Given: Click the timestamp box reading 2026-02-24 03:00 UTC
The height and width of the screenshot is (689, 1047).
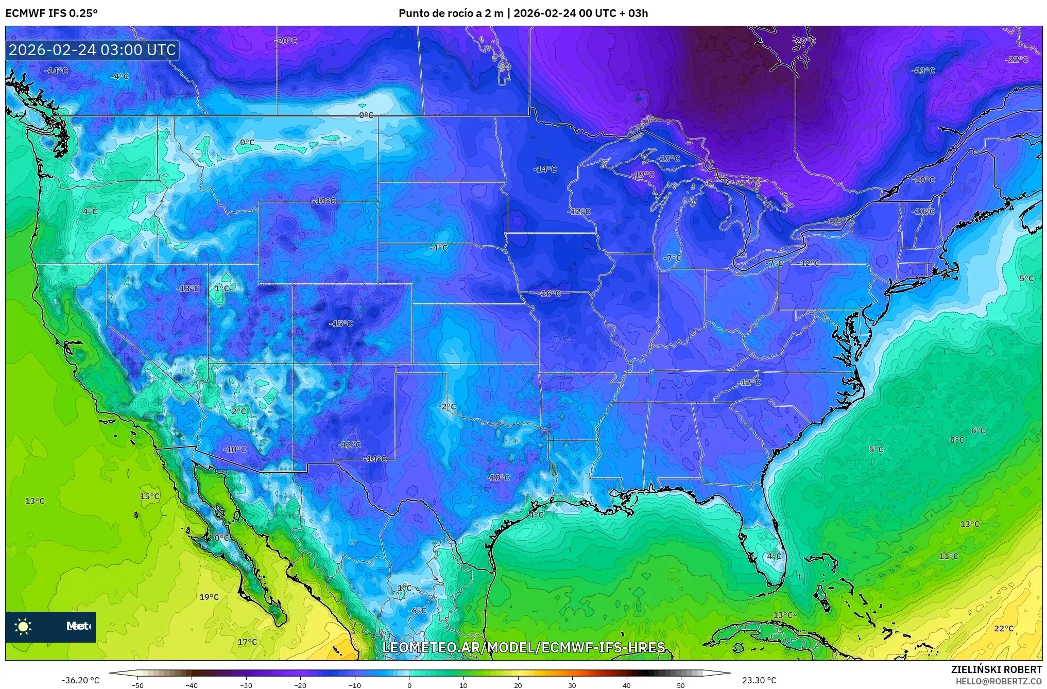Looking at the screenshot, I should (x=92, y=50).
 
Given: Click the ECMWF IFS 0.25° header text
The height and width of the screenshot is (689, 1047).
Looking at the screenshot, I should (x=51, y=13).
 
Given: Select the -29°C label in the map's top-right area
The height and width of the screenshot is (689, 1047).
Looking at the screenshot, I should (x=804, y=41).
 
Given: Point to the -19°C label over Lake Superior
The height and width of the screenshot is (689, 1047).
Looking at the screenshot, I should (x=643, y=175).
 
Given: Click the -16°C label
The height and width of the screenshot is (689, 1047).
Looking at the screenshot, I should (x=550, y=294).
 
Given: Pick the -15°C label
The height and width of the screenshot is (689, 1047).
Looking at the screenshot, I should (x=341, y=324).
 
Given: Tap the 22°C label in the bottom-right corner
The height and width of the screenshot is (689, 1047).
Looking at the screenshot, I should (x=1003, y=628).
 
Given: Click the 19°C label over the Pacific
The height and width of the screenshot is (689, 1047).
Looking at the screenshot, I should (x=209, y=597).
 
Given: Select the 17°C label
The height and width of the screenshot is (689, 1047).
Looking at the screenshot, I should (x=247, y=642).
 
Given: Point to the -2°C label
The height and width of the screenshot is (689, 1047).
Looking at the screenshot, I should (x=447, y=406).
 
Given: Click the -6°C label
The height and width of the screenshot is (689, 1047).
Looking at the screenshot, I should (x=418, y=611).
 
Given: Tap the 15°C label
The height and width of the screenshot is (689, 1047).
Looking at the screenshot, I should (x=149, y=496).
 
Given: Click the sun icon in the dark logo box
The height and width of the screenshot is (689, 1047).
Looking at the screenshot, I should (x=23, y=626).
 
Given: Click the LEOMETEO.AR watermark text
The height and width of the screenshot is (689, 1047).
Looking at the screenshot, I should (x=524, y=647).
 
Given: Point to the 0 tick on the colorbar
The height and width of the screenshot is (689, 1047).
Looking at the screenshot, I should (x=409, y=685).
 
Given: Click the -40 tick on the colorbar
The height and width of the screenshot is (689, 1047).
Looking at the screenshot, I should (x=192, y=685).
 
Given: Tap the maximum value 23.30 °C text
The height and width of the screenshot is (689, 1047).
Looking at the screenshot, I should (x=759, y=680).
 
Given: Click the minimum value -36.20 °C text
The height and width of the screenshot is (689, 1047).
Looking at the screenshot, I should (x=81, y=680).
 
